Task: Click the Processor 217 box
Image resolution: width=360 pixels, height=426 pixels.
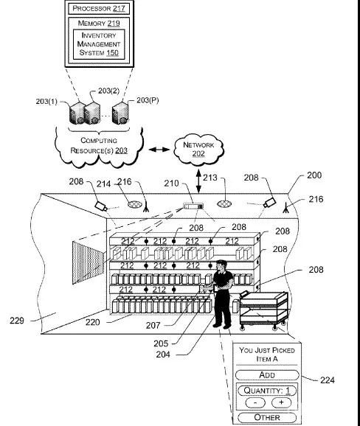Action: (99, 8)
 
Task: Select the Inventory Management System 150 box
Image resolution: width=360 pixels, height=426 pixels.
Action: (99, 44)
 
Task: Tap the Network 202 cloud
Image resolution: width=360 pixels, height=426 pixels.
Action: (198, 150)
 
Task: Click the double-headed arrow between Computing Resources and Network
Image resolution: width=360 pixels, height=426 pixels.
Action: (159, 149)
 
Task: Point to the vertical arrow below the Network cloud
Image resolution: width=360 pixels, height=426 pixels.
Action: (198, 181)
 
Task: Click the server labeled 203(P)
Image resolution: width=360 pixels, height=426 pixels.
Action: (120, 113)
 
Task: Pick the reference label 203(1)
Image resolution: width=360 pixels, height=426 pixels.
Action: (46, 101)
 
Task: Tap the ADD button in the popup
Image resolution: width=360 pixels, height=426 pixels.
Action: (267, 375)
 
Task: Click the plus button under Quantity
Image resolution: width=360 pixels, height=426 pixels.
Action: (281, 402)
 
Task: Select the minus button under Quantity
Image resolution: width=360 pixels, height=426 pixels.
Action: (255, 402)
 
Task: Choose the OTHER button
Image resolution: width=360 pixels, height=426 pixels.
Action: (267, 417)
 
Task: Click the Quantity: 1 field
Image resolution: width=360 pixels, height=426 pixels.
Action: (267, 391)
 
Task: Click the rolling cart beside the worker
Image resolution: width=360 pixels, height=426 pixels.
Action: (263, 310)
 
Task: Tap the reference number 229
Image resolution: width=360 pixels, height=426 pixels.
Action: (17, 321)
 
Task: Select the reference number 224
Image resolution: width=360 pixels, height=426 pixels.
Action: (327, 380)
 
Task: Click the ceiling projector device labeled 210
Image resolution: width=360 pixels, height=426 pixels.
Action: (193, 206)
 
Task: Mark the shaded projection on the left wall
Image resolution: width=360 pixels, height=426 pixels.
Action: (88, 263)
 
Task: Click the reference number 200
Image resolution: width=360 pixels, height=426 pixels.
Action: (314, 175)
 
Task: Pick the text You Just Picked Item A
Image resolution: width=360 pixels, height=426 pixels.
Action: (267, 355)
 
